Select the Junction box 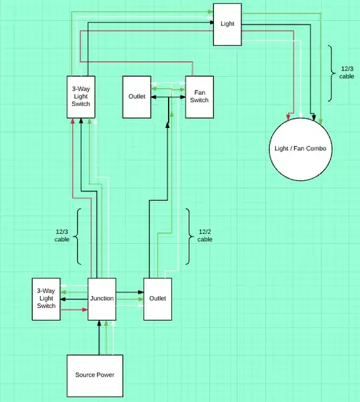click(102, 298)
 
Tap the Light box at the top click(227, 24)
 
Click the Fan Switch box click(199, 97)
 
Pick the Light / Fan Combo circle click(300, 148)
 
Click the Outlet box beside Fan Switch click(137, 97)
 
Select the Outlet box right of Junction click(158, 298)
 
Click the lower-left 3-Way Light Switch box click(46, 298)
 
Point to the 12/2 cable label click(205, 235)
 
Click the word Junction click(102, 298)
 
